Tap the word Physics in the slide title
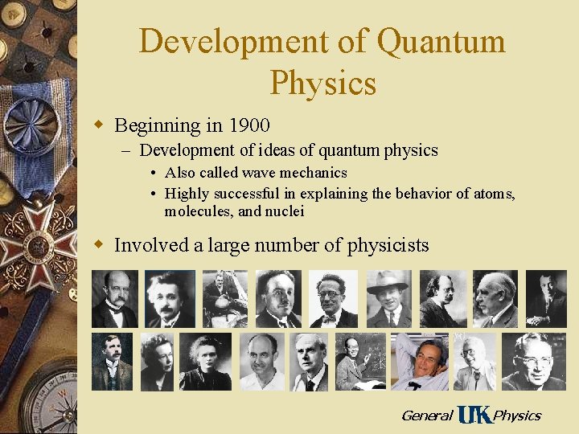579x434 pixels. (x=323, y=82)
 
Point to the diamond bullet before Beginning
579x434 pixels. (x=99, y=125)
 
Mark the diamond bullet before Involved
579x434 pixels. (x=99, y=244)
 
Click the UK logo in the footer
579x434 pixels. (x=474, y=415)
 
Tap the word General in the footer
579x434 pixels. (x=426, y=416)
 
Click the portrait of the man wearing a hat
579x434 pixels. (x=388, y=298)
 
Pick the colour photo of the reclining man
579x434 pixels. (x=419, y=361)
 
